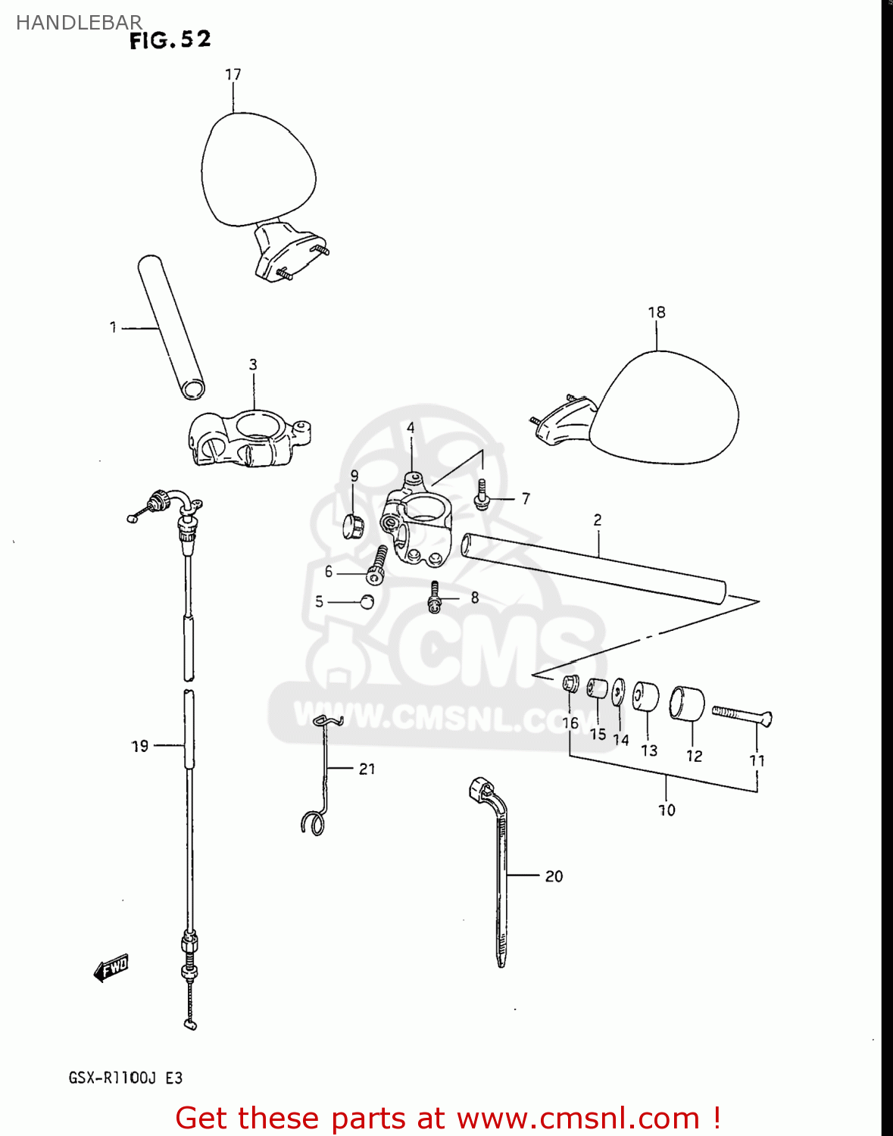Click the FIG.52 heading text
pos(170,41)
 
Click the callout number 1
pos(113,328)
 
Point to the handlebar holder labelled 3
pos(248,438)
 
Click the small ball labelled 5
pos(367,602)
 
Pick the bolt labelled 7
pos(481,495)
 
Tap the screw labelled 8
pos(435,597)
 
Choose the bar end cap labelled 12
pos(687,704)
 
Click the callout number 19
pos(140,747)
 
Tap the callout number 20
pos(554,876)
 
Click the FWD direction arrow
pos(111,968)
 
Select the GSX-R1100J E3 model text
pos(125,1078)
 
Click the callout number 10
pos(667,810)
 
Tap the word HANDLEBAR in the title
pos(79,23)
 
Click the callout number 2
pos(598,520)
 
